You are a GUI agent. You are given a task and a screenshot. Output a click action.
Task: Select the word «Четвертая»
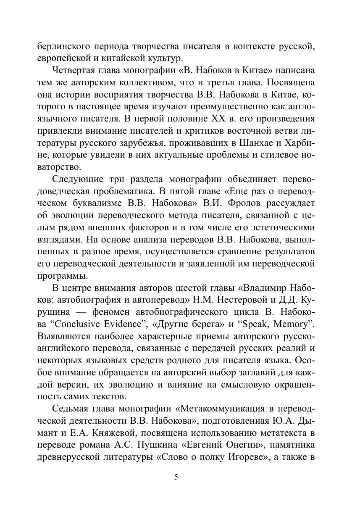pos(75,69)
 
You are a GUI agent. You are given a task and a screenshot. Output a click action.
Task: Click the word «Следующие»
pos(78,179)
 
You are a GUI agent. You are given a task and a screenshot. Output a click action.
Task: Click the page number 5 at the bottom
pos(176,477)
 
